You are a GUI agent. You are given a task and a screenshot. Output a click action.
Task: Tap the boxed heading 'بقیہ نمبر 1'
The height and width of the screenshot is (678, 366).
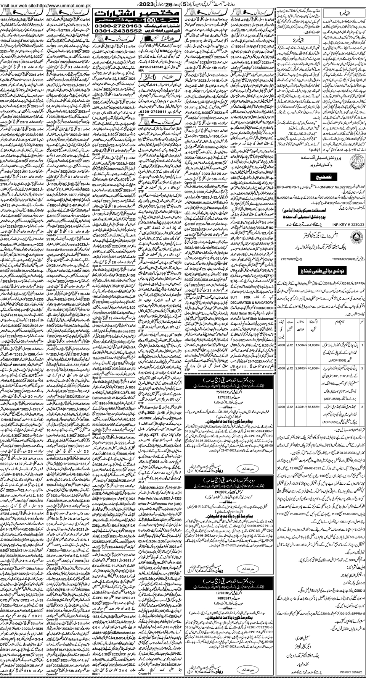(342, 13)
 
